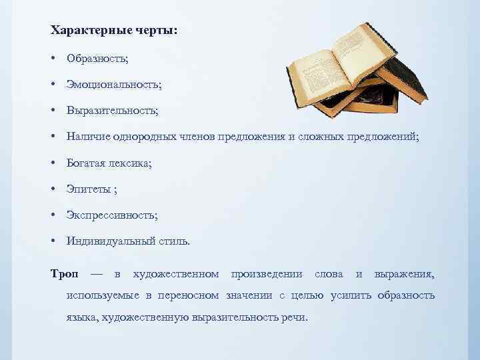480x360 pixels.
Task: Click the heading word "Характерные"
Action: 84,31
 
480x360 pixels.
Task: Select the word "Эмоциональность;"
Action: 113,85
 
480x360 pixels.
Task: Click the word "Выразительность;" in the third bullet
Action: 112,111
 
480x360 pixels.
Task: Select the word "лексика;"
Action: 130,163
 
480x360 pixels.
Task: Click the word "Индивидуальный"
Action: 105,241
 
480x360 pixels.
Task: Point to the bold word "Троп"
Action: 65,274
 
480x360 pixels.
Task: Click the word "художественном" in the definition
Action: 176,274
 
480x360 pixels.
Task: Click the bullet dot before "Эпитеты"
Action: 52,189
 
